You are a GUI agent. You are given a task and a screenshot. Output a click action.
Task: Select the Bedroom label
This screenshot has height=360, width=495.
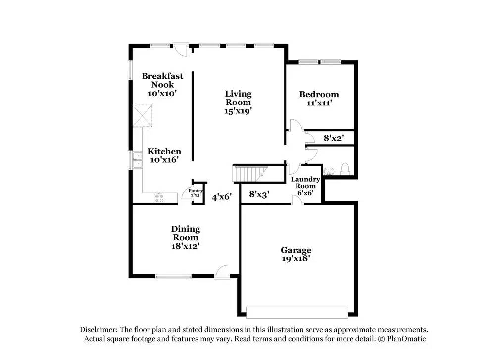(319, 94)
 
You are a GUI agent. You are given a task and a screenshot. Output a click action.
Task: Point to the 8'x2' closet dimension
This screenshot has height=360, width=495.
(334, 138)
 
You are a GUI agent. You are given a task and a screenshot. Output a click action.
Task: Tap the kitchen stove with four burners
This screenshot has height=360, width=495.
(159, 197)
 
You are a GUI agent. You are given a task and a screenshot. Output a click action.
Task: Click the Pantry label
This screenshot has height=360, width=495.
(196, 191)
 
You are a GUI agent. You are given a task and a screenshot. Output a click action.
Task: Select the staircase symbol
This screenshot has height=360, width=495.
(249, 173)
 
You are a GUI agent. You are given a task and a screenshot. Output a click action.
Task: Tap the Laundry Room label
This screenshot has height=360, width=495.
(305, 179)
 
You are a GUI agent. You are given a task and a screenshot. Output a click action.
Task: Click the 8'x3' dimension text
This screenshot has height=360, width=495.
(258, 195)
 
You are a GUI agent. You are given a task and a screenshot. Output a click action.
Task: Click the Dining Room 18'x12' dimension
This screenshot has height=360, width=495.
(186, 245)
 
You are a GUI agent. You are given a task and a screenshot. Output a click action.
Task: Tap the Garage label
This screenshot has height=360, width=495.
(296, 250)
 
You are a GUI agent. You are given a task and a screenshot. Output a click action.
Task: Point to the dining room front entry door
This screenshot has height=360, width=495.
(222, 272)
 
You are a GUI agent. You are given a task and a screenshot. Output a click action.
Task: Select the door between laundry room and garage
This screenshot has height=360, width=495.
(297, 200)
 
